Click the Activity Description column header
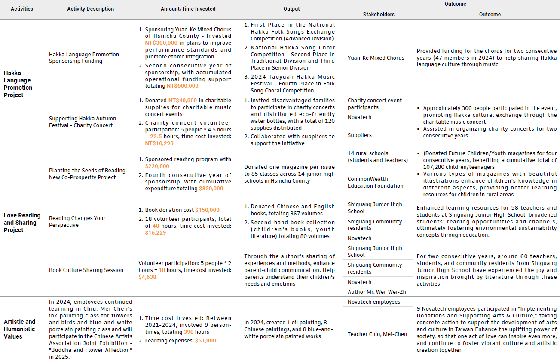tap(91, 9)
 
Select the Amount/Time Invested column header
tap(188, 9)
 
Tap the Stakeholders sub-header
tap(379, 15)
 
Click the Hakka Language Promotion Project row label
tap(18, 84)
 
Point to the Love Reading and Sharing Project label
tap(22, 223)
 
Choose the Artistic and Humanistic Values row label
tap(20, 329)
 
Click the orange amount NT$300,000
tap(161, 43)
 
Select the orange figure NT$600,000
tap(183, 86)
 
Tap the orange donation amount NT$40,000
tap(183, 101)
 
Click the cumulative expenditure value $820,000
tap(211, 189)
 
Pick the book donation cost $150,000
tap(207, 210)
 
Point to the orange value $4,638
tap(147, 277)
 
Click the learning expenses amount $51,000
tap(205, 341)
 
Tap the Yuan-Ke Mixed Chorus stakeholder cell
tap(376, 58)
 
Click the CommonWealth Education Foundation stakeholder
tap(375, 183)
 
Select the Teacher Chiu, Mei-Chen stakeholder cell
tap(377, 334)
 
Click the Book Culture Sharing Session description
tap(86, 270)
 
